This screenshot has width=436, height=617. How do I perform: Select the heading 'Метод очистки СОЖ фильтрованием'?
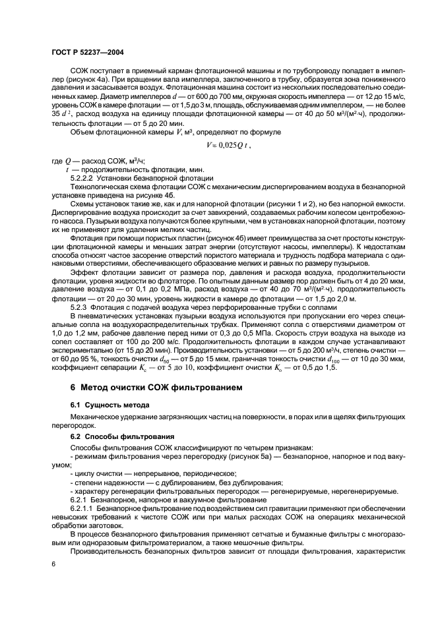(x=153, y=387)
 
